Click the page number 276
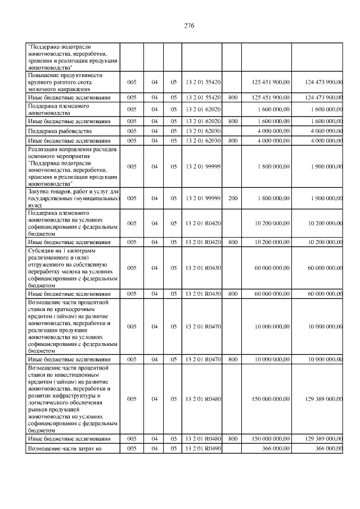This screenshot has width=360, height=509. (188, 26)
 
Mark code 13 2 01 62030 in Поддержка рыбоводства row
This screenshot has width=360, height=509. (202, 130)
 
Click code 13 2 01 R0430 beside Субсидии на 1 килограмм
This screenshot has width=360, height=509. (202, 268)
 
